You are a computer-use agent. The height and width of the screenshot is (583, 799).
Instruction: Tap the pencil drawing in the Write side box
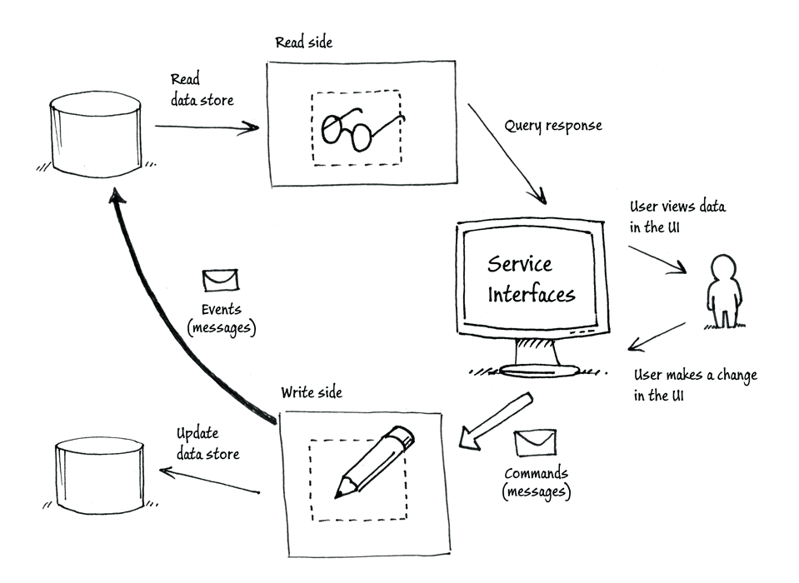coord(374,461)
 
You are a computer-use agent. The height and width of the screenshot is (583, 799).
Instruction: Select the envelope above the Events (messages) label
coord(221,281)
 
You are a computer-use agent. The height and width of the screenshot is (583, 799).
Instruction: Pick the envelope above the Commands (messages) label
coord(535,442)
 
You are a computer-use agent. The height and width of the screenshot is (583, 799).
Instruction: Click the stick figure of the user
coord(723,291)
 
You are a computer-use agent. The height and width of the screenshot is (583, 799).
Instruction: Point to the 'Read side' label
coord(304,42)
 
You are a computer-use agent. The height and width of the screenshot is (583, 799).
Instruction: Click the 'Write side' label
coord(312,392)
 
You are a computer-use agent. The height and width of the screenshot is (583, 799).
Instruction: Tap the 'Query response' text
coord(553,126)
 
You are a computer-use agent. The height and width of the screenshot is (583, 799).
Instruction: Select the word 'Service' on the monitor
coord(519,264)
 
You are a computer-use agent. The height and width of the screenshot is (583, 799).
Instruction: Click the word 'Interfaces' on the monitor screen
coord(532,294)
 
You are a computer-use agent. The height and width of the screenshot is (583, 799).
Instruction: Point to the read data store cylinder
coord(95,134)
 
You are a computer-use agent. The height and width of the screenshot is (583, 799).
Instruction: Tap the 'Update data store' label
coord(208,443)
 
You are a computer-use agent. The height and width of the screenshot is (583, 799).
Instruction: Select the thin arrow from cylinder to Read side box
coord(207,127)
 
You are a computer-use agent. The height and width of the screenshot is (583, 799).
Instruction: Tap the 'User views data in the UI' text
coord(677,217)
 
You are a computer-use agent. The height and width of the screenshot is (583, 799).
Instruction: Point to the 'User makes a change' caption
coord(695,376)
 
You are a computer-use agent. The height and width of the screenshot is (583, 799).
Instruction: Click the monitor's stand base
coord(538,371)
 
